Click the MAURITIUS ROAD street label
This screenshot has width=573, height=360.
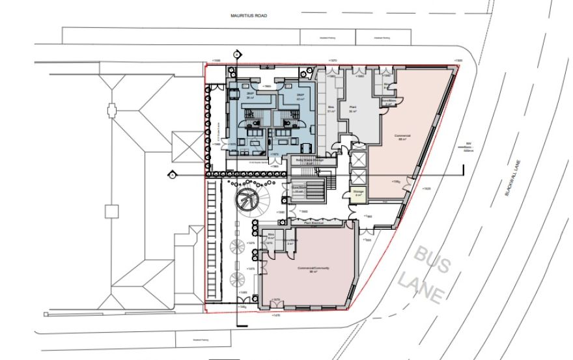(x=249, y=14)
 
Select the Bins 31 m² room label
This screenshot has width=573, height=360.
(x=331, y=109)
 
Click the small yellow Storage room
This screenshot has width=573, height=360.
(x=358, y=193)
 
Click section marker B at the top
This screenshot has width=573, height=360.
(x=236, y=53)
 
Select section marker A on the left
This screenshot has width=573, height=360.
(x=172, y=174)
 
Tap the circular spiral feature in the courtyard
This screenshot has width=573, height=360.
(x=246, y=199)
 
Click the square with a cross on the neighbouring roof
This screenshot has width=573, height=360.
(x=112, y=210)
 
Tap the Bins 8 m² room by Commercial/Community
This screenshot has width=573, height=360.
(x=270, y=238)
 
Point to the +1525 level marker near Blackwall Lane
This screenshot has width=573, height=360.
(x=426, y=189)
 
